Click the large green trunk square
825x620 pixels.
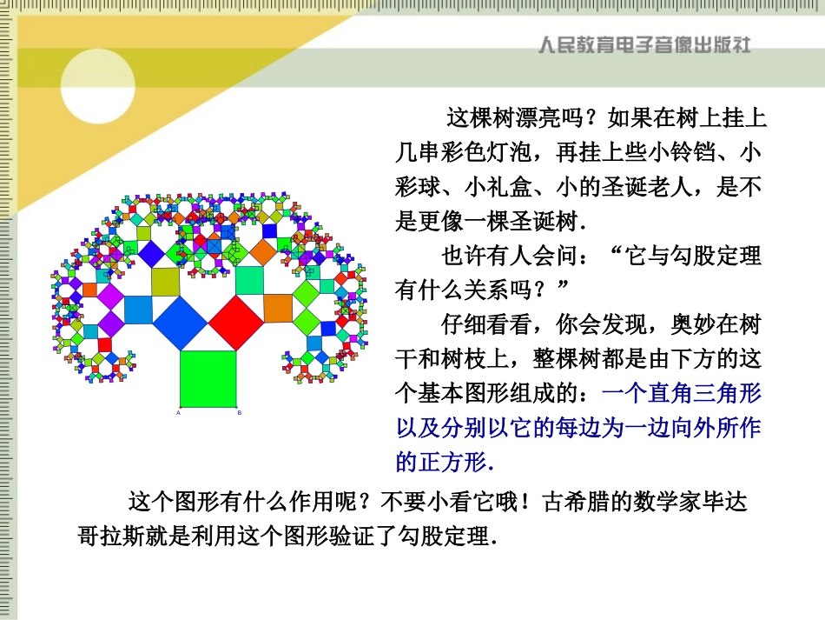click(x=208, y=378)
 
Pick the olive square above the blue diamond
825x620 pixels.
click(x=165, y=281)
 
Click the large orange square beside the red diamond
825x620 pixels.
click(x=278, y=308)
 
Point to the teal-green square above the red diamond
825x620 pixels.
click(x=249, y=280)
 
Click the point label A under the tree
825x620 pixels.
click(x=179, y=413)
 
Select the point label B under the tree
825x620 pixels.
click(x=239, y=413)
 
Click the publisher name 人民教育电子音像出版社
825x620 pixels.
click(x=643, y=44)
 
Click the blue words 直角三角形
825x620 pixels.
click(x=706, y=393)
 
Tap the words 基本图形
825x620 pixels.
click(x=498, y=393)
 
